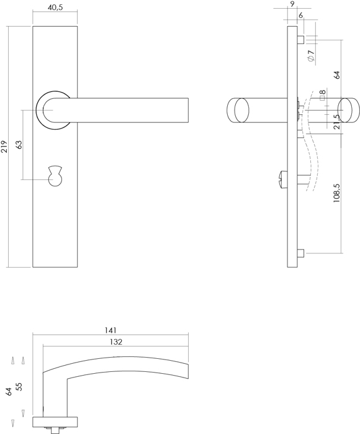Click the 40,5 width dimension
click(55, 7)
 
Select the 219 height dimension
click(4, 147)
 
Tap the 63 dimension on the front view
click(19, 145)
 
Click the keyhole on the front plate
click(55, 176)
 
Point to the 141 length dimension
click(110, 330)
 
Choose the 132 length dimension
click(115, 342)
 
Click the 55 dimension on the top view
click(19, 387)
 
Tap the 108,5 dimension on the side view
click(336, 193)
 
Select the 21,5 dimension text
click(336, 122)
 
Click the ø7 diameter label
click(312, 55)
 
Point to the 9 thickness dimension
click(292, 4)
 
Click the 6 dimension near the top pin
click(301, 16)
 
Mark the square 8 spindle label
click(322, 94)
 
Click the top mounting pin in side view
click(301, 40)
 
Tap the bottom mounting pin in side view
click(301, 253)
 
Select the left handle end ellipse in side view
click(241, 110)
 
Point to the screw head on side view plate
click(282, 179)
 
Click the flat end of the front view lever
click(189, 110)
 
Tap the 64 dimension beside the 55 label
click(9, 392)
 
